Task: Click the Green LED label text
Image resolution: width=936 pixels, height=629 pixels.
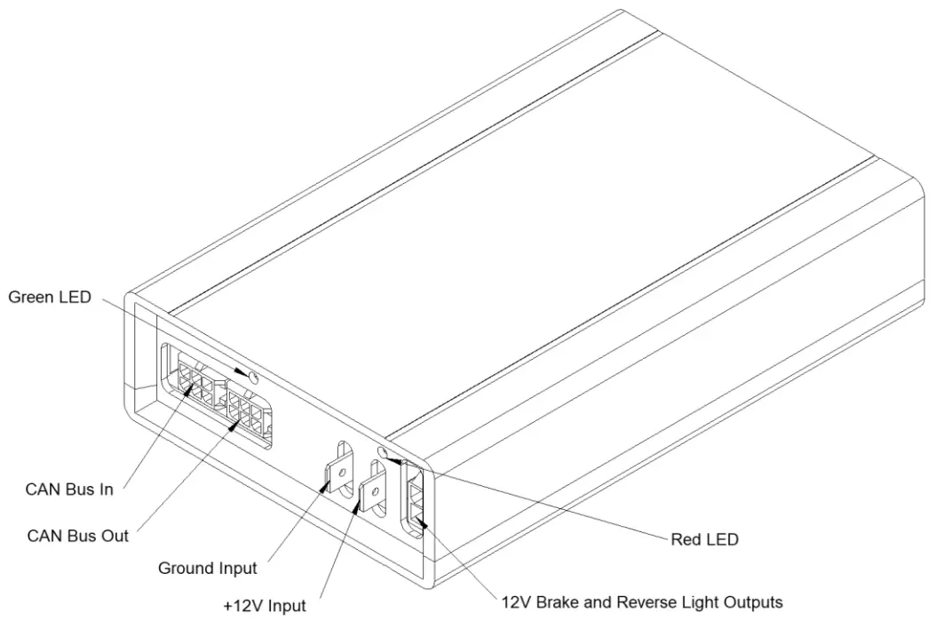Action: [x=50, y=298]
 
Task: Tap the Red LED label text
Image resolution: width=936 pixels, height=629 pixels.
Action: [x=703, y=538]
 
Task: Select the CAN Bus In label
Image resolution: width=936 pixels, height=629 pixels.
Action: [x=69, y=490]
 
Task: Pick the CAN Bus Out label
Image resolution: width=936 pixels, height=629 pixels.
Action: [x=77, y=536]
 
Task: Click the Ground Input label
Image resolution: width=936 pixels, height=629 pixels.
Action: [x=207, y=568]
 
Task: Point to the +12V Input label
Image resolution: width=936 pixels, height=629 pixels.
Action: [x=265, y=606]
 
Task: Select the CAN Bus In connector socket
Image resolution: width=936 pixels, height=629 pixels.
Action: [x=197, y=381]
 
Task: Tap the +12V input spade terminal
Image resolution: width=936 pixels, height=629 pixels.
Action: [x=373, y=491]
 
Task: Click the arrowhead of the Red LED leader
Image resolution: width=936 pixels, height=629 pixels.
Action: [x=391, y=459]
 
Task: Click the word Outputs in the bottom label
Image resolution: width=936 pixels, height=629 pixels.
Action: [x=753, y=602]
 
